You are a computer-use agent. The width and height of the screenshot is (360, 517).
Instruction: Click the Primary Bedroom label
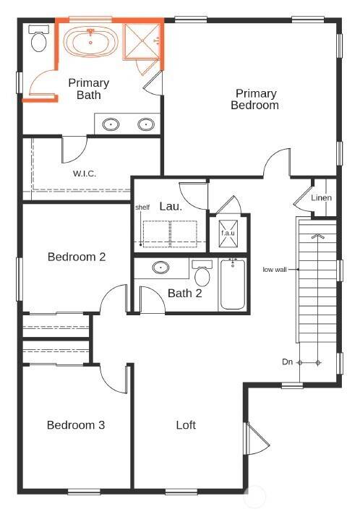[x=255, y=99]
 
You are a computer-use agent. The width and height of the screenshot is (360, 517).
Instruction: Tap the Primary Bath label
[x=89, y=89]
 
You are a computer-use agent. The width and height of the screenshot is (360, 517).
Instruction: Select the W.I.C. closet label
[x=85, y=174]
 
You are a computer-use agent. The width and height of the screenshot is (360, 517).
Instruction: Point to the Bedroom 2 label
[x=77, y=257]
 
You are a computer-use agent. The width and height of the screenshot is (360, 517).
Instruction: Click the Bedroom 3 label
[x=76, y=425]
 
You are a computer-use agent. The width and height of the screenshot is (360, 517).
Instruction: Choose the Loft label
[x=186, y=425]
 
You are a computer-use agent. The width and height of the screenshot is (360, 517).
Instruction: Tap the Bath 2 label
[x=185, y=293]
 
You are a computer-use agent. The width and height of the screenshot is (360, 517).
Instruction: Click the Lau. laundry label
[x=171, y=206]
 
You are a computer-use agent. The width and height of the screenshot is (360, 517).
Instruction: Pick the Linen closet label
[x=322, y=198]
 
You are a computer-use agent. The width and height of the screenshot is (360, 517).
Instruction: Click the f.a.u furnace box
[x=228, y=233]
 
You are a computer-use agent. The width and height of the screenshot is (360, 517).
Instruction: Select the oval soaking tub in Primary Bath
[x=90, y=41]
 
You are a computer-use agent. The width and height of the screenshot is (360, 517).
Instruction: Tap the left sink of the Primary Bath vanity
[x=111, y=124]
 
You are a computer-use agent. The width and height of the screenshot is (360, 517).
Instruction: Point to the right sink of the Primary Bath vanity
[x=146, y=124]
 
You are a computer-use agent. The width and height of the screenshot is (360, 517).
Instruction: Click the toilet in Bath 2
[x=202, y=275]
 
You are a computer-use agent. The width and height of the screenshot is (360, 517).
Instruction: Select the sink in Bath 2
[x=162, y=268]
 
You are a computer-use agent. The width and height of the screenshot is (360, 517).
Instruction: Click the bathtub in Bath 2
[x=233, y=286]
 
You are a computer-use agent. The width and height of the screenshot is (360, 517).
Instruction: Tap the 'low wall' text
[x=276, y=270]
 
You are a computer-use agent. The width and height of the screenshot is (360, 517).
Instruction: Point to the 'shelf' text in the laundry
[x=142, y=208]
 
